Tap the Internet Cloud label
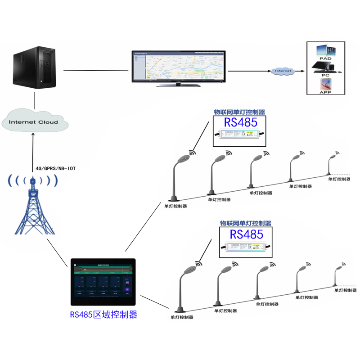[34, 122]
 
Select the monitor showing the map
[178, 67]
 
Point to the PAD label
[325, 58]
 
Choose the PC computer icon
[325, 68]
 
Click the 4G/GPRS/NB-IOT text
[56, 169]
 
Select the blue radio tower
[34, 205]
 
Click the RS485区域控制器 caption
[103, 315]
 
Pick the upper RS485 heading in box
[240, 123]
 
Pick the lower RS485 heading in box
[246, 234]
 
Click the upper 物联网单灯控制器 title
[239, 112]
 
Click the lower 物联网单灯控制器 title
[246, 223]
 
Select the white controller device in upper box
[239, 134]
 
